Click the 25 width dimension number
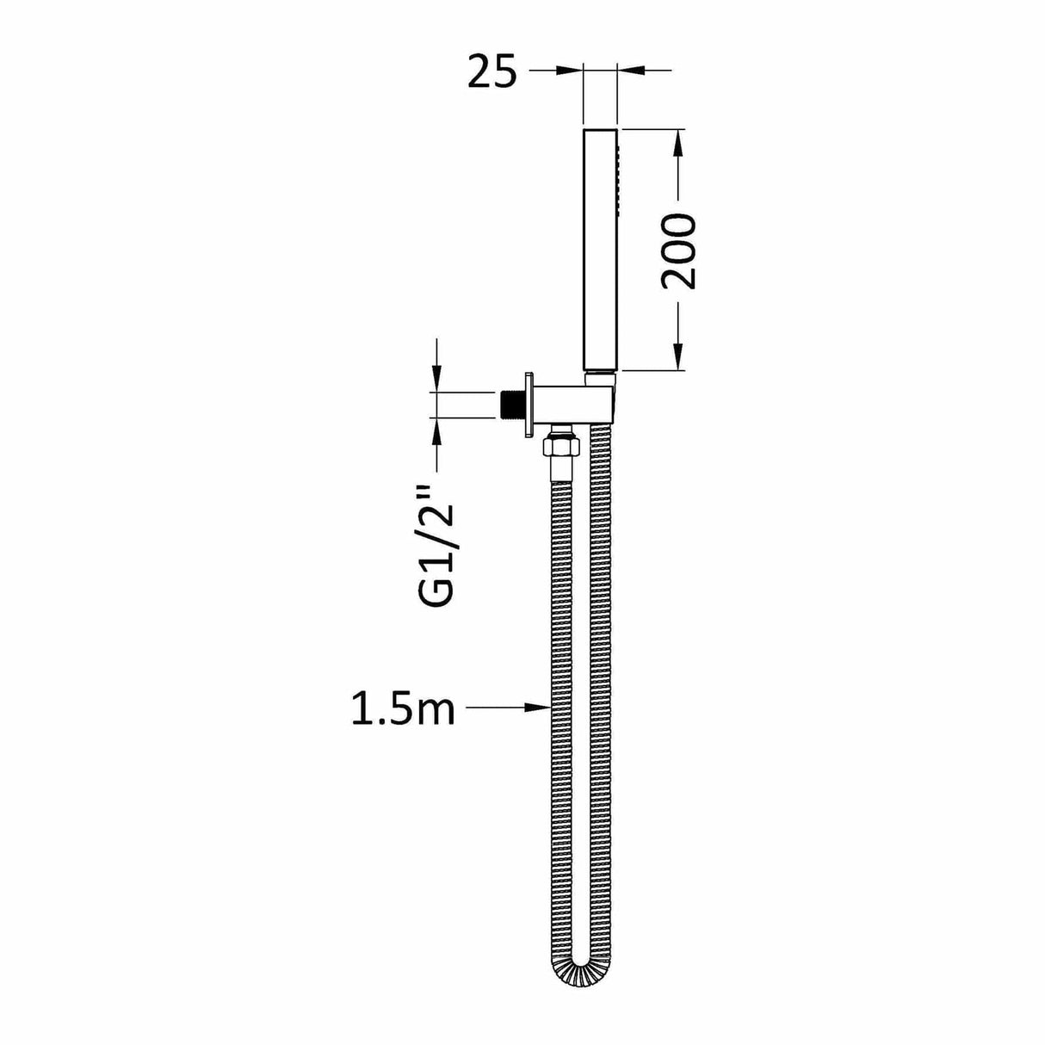pos(492,72)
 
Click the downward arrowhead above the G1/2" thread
pos(436,380)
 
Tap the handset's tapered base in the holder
pos(601,377)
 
